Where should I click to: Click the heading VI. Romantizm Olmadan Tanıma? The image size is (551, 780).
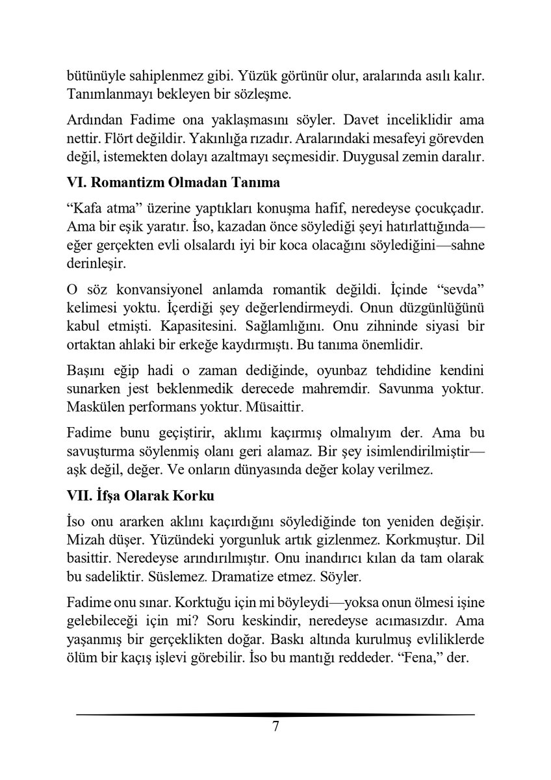click(x=173, y=183)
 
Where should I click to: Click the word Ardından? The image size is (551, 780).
click(x=90, y=122)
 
